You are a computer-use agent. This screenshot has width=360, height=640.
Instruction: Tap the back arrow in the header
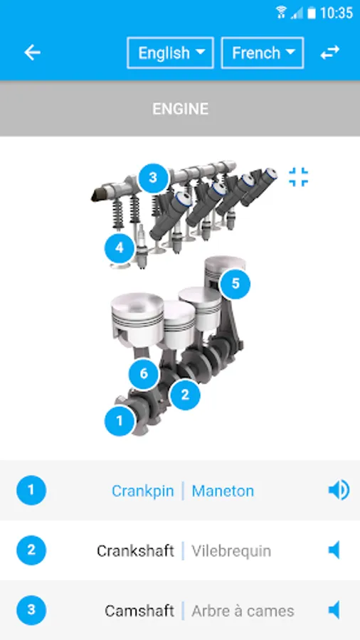click(x=32, y=53)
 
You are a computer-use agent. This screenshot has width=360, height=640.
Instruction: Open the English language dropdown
click(x=170, y=53)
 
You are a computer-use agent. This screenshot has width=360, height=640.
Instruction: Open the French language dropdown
click(x=263, y=53)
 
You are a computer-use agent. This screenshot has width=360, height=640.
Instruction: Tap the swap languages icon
click(x=329, y=53)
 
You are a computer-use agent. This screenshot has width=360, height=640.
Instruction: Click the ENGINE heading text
click(x=180, y=109)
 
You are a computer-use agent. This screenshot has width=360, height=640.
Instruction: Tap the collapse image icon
click(x=299, y=177)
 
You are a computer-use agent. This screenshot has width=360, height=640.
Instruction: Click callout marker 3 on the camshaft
click(x=153, y=177)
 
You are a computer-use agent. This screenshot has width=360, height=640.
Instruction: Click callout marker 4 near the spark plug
click(x=120, y=248)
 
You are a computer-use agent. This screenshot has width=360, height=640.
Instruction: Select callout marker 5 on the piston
click(x=235, y=284)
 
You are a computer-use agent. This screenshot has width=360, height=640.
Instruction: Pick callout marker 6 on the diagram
click(x=144, y=374)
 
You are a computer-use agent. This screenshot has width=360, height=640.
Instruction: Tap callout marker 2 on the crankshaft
click(x=185, y=393)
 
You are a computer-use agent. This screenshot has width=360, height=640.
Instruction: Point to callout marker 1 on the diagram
click(x=120, y=420)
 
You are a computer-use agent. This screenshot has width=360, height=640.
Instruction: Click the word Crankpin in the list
click(x=142, y=491)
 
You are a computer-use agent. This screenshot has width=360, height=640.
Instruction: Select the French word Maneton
click(x=223, y=491)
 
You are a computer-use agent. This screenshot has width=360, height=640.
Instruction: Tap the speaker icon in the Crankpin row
click(x=338, y=490)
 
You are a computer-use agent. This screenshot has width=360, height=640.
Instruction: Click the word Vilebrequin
click(x=231, y=550)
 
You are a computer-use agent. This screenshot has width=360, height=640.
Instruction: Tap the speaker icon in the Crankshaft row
click(x=334, y=550)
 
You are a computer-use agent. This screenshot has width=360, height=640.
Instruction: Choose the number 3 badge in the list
click(x=31, y=609)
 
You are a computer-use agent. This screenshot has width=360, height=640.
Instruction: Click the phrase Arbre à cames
click(x=243, y=610)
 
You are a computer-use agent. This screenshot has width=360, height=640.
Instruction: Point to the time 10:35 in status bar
click(x=337, y=12)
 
